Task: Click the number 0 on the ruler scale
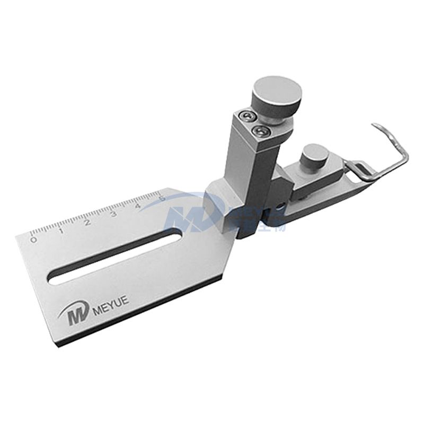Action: (x=34, y=240)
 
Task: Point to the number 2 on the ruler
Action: (x=88, y=222)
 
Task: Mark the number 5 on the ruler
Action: (x=162, y=198)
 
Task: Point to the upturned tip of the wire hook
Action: (x=375, y=125)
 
